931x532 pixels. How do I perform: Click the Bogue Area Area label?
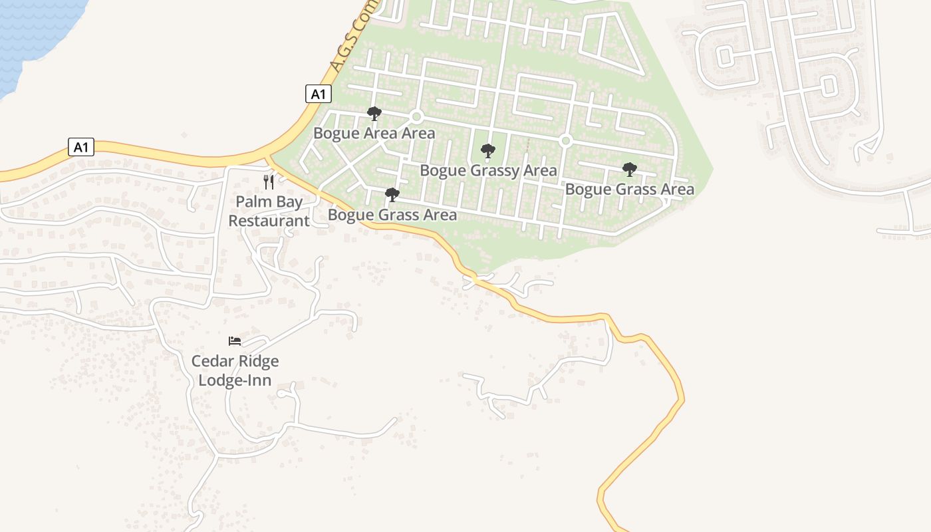[x=374, y=133]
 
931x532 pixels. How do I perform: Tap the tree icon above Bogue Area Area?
[x=374, y=114]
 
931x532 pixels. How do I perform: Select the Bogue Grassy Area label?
[x=488, y=170]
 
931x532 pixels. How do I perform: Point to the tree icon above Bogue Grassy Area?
[x=488, y=151]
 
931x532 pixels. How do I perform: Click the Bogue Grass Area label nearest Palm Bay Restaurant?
[x=392, y=215]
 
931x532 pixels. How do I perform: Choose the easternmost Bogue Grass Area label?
[x=629, y=189]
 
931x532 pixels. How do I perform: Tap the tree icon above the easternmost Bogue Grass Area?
[x=629, y=170]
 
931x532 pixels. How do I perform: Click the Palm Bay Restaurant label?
[x=269, y=211]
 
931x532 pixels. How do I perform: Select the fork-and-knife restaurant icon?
[x=269, y=182]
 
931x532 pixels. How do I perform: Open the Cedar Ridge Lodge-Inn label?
[x=235, y=370]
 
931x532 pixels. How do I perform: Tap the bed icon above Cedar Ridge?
[x=235, y=341]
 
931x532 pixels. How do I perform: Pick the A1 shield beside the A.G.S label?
[x=319, y=94]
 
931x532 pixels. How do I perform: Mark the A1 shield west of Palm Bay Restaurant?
[x=80, y=147]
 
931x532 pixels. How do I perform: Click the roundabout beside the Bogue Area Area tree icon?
[x=417, y=117]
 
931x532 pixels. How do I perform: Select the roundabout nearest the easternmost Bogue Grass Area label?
[x=566, y=141]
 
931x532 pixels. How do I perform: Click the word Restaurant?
[x=269, y=221]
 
